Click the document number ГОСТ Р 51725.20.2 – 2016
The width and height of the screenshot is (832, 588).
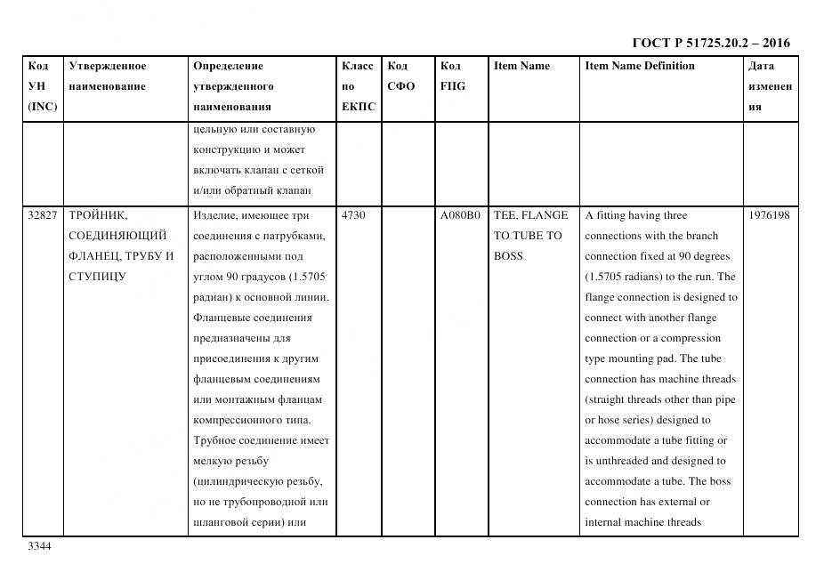click(710, 43)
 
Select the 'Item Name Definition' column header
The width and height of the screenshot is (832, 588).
click(640, 66)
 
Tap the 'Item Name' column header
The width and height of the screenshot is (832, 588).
click(521, 66)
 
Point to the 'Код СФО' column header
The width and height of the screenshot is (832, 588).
click(401, 77)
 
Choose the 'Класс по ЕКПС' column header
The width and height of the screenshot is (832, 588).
click(358, 86)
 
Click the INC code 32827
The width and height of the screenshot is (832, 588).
click(43, 215)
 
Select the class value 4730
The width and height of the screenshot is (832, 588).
click(354, 215)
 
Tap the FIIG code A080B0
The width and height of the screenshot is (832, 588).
click(460, 215)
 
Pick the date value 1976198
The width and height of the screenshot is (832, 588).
click(769, 215)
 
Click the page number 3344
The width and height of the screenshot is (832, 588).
click(39, 546)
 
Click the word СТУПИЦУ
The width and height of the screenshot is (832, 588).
click(97, 277)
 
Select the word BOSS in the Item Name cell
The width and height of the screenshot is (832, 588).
click(508, 256)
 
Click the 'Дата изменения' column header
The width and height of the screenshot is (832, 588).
click(769, 86)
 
